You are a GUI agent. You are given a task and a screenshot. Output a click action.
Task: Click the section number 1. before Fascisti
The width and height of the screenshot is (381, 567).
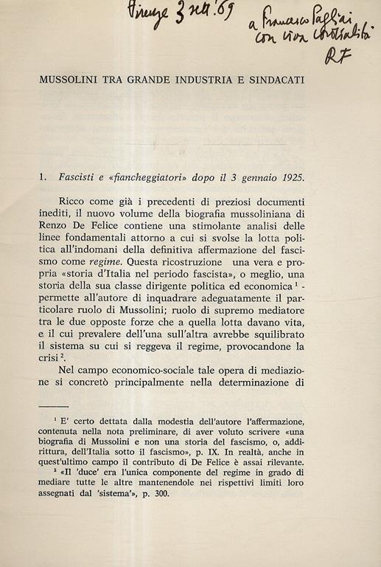click(44, 178)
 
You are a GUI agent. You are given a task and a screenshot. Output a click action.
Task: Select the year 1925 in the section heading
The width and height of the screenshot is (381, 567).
click(290, 178)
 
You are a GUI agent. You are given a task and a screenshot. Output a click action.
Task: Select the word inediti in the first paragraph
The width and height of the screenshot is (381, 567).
click(58, 216)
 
